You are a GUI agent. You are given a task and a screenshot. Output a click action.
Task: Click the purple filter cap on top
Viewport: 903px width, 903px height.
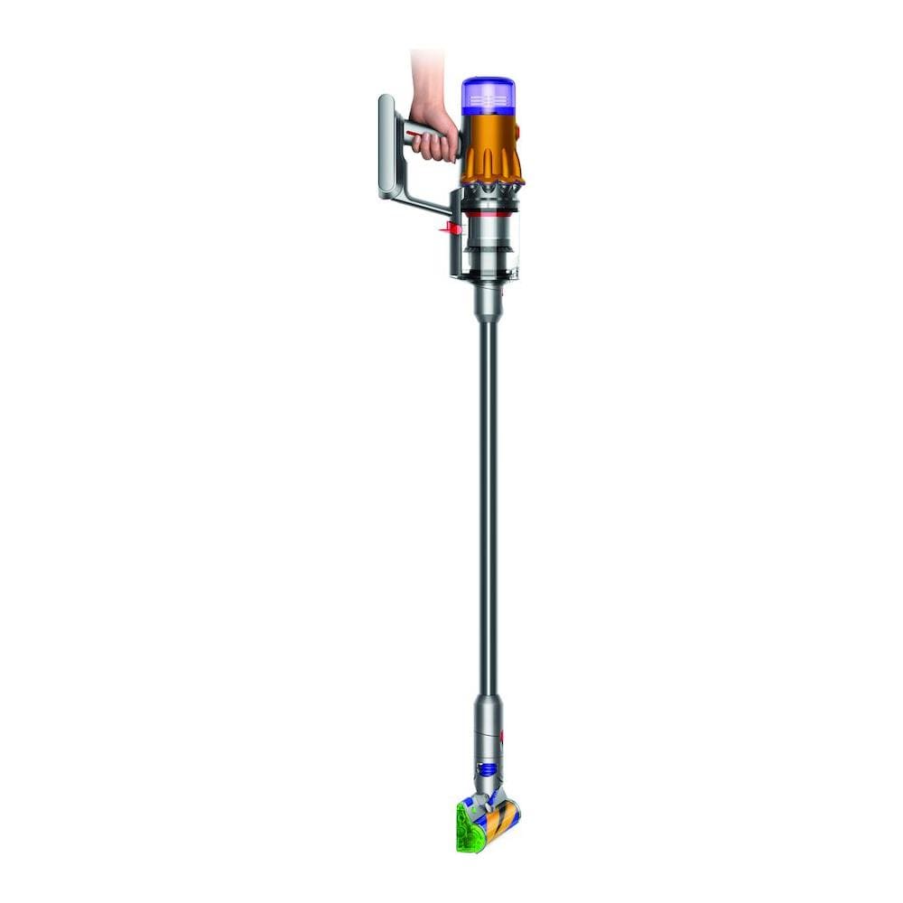click(x=489, y=95)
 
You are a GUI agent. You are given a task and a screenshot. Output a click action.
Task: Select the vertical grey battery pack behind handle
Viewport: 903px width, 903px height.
click(x=387, y=144)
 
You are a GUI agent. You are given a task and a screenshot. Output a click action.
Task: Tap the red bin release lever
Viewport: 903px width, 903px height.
click(x=449, y=228)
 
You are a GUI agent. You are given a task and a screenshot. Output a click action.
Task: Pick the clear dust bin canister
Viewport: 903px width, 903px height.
click(x=492, y=244)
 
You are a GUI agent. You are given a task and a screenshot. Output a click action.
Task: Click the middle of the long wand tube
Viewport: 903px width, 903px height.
click(x=488, y=506)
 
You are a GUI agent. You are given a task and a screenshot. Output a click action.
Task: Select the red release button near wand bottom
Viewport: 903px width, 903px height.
click(x=502, y=739)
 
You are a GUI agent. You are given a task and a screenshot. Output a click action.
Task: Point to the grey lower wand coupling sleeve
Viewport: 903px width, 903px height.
click(x=488, y=722)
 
